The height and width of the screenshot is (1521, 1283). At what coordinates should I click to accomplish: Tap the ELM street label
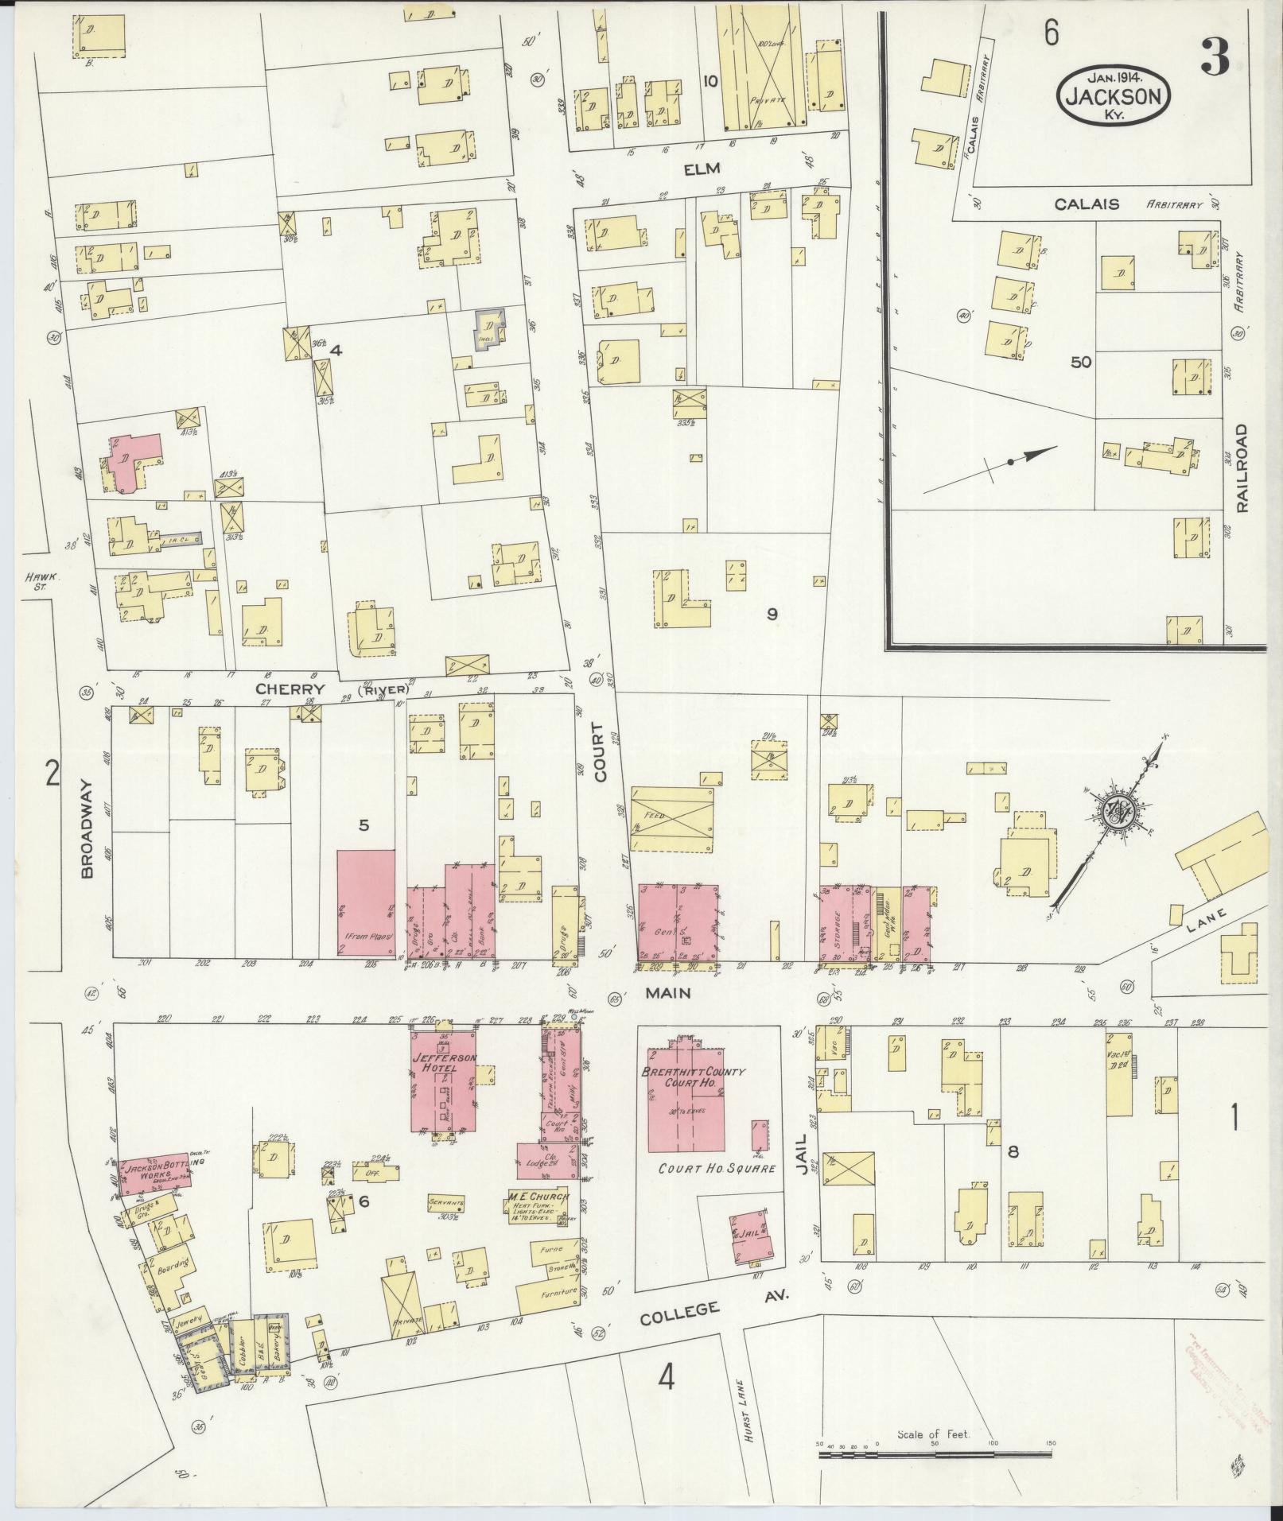coord(701,169)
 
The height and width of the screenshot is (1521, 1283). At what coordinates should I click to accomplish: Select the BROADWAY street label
coord(87,829)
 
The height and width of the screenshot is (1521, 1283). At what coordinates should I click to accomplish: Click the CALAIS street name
coord(1087,204)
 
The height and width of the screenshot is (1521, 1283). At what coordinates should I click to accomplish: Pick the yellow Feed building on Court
coord(671,821)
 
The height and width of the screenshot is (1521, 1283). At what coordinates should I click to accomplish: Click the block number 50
coord(1080,363)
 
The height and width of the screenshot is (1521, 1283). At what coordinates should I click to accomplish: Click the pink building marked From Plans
coord(366,902)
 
